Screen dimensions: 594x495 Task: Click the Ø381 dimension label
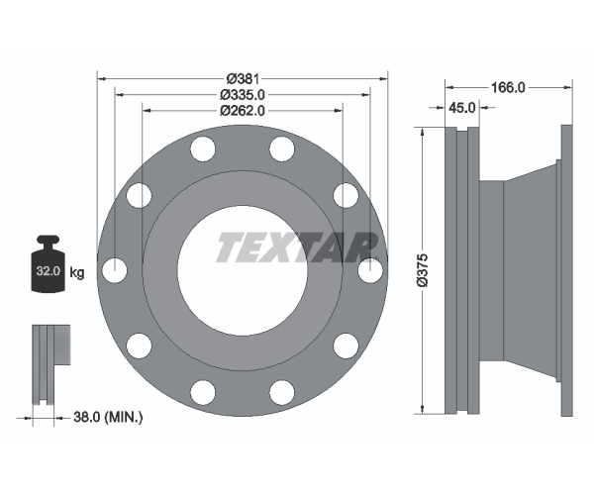[x=243, y=79]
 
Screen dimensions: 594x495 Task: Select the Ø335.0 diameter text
[x=243, y=95]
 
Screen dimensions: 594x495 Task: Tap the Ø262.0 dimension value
[x=243, y=111]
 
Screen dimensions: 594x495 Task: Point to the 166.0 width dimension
[x=508, y=88]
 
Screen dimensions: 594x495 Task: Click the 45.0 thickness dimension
[x=461, y=108]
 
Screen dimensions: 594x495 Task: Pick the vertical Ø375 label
[x=422, y=270]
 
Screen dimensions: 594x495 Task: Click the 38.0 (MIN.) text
[x=108, y=418]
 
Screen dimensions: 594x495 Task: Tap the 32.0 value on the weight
[x=49, y=271]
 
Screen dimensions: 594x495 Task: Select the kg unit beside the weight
[x=77, y=272]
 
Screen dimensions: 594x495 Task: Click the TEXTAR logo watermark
[x=298, y=247]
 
